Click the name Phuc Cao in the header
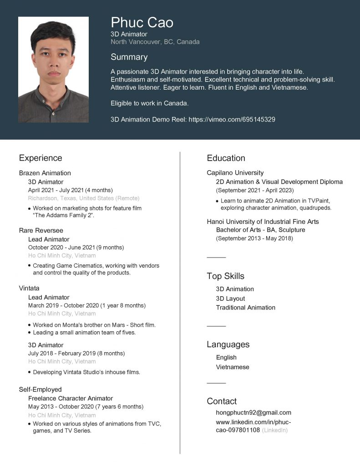[142, 23]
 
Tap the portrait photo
[53, 69]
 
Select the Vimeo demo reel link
[232, 120]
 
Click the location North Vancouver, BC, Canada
[155, 42]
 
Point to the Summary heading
[129, 57]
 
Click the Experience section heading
[41, 158]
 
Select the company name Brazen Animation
[45, 173]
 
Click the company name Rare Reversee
[41, 231]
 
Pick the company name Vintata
[29, 289]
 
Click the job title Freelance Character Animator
[71, 399]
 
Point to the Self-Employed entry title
[40, 390]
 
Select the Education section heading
[226, 158]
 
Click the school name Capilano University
[235, 173]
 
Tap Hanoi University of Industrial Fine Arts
[263, 222]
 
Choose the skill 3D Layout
[230, 299]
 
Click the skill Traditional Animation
[245, 308]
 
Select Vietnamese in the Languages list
[233, 367]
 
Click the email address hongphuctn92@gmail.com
[254, 413]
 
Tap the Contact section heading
[222, 401]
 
